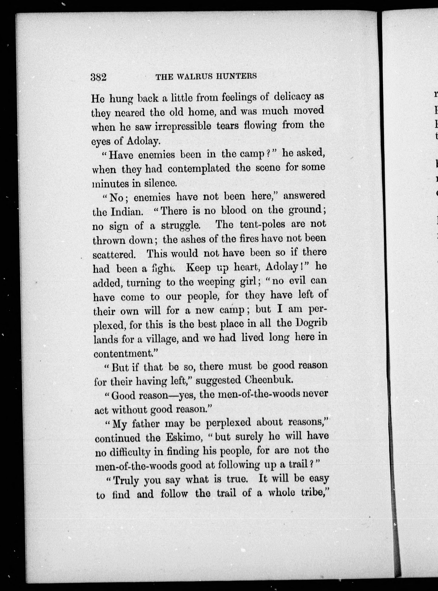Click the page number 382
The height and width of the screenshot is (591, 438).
(98, 77)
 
